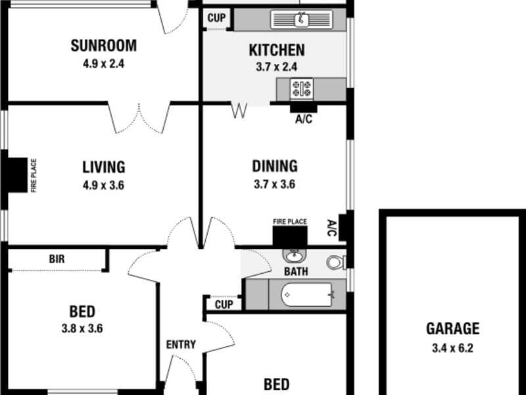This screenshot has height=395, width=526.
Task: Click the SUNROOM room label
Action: (104, 45)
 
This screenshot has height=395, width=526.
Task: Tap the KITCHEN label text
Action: (277, 50)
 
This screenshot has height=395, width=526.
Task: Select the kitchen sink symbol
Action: (302, 19)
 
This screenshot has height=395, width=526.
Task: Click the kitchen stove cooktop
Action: (302, 89)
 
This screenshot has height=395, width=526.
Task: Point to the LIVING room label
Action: (104, 167)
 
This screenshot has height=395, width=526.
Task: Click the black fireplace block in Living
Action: (18, 175)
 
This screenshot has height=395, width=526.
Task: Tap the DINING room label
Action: (275, 167)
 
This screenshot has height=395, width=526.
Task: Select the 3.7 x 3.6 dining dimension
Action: (274, 184)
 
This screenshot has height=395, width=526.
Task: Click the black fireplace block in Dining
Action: (290, 237)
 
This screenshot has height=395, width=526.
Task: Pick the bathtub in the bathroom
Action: (306, 294)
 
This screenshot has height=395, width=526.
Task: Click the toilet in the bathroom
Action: (337, 262)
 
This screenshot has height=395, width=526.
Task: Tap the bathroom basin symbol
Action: (294, 255)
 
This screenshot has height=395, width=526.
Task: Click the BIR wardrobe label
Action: (57, 259)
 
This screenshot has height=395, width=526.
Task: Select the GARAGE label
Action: (452, 329)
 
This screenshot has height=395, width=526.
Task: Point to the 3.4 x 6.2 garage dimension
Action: (452, 348)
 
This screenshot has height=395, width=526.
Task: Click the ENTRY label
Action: (181, 344)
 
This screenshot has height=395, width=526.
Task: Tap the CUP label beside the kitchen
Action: (217, 18)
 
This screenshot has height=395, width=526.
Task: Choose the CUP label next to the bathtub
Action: (224, 305)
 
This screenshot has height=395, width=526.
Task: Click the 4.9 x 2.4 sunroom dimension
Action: (104, 64)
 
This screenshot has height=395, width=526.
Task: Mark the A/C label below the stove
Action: (304, 119)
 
